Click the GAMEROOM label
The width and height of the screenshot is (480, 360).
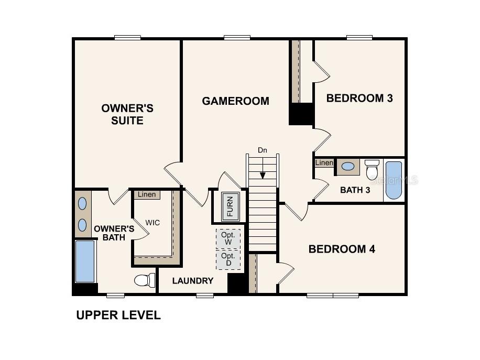pos(235,101)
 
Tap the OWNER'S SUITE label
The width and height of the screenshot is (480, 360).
pos(127,114)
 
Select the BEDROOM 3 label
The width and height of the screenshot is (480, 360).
pos(359,98)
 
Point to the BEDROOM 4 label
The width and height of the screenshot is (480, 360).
pos(342,249)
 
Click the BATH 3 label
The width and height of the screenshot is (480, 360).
pos(355,190)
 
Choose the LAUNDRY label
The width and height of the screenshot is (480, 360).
pos(193,281)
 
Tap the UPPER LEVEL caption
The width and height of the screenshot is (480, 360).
pos(118,315)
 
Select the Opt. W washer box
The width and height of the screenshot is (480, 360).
pos(228,238)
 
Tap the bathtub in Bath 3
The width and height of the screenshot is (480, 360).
pos(394,180)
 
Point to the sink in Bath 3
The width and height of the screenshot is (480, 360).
pos(347,167)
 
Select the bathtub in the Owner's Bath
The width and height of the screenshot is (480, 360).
pos(85,261)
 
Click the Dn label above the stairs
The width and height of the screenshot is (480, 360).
pos(263,150)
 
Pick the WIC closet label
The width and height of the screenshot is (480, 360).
pos(152,223)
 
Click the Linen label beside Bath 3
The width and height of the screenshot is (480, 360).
pos(324,163)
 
